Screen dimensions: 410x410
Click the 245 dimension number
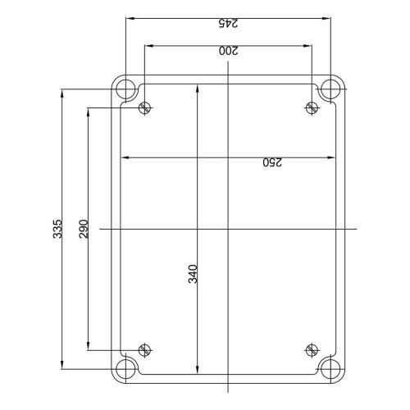228,23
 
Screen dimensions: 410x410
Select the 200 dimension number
229,51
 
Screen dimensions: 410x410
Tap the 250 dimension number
272,162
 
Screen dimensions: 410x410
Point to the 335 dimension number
57,229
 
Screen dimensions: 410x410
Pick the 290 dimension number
84,229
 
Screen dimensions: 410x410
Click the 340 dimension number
193,274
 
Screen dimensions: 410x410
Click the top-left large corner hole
125,89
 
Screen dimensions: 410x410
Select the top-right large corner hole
330,89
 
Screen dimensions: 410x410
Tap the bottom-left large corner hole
125,369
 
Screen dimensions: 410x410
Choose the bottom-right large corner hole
330,369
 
